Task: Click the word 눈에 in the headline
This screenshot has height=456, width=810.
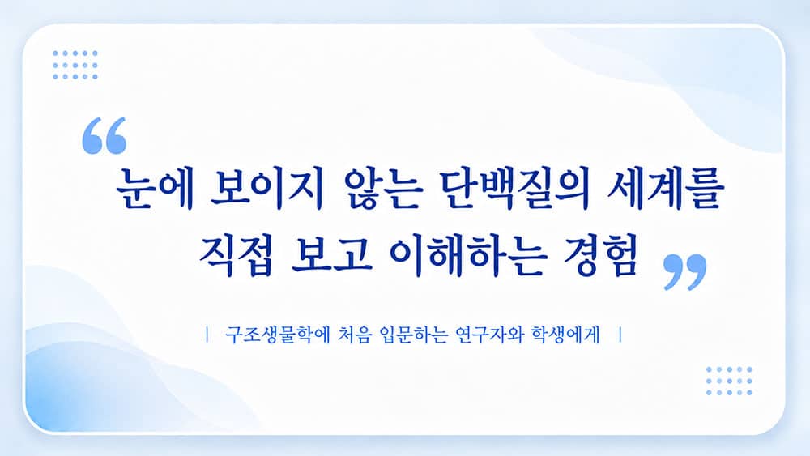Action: (x=155, y=189)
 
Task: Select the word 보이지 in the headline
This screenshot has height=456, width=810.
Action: (x=267, y=189)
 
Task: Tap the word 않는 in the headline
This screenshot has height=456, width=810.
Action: (x=382, y=189)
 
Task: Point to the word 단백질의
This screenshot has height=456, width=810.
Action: (x=515, y=189)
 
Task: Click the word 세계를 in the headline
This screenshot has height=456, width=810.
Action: (x=665, y=189)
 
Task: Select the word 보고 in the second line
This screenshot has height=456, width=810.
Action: (x=331, y=256)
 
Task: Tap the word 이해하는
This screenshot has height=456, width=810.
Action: (x=467, y=256)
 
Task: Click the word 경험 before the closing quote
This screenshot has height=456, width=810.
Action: (x=600, y=256)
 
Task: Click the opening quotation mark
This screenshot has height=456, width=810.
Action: (x=104, y=135)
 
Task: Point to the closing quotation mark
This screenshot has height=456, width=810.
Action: (x=685, y=271)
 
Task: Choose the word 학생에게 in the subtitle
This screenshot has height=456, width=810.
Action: (x=565, y=335)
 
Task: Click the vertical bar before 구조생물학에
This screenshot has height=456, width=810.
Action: (x=207, y=335)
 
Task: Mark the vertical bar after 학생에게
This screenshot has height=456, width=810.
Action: (x=620, y=335)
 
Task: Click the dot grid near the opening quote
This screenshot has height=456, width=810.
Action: (x=75, y=65)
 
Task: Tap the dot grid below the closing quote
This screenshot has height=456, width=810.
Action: (x=729, y=381)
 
